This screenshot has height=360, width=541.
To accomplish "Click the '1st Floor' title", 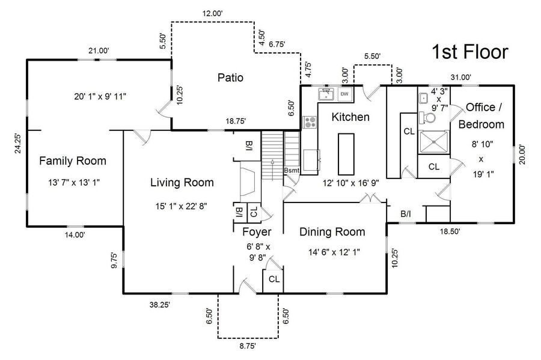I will [470, 52].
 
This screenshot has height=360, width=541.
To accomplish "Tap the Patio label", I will [230, 77].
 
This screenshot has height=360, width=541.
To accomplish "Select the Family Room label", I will [73, 160].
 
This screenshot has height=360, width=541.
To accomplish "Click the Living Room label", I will [182, 183].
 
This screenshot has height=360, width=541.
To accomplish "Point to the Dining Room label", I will [332, 232].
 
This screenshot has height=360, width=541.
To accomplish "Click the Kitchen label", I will [350, 117].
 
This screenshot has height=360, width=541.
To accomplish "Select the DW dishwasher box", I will [345, 94].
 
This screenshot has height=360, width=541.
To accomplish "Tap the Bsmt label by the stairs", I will [292, 171].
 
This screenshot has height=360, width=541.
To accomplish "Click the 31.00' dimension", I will [461, 76].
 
